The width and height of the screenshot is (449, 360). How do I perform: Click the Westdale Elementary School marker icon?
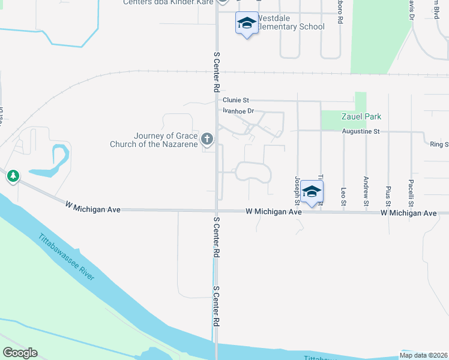tap(246, 23)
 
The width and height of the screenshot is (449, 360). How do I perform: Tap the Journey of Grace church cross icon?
tap(207, 140)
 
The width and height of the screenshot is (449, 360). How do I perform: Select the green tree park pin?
tap(13, 176)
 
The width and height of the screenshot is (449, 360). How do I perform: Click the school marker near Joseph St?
tap(312, 191)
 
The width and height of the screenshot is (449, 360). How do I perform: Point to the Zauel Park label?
tap(361, 116)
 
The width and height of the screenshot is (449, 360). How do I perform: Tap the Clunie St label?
tap(235, 100)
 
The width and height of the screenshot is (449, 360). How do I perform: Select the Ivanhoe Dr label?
tap(238, 111)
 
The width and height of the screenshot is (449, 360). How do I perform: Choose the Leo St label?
tap(343, 195)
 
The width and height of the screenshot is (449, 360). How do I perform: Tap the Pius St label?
tap(388, 193)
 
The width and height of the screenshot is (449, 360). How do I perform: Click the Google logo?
tap(20, 353)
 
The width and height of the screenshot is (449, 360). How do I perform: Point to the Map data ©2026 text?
tap(424, 355)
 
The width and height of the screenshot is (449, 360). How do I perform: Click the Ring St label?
tap(439, 144)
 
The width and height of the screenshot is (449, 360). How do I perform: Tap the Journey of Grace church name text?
tap(154, 140)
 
